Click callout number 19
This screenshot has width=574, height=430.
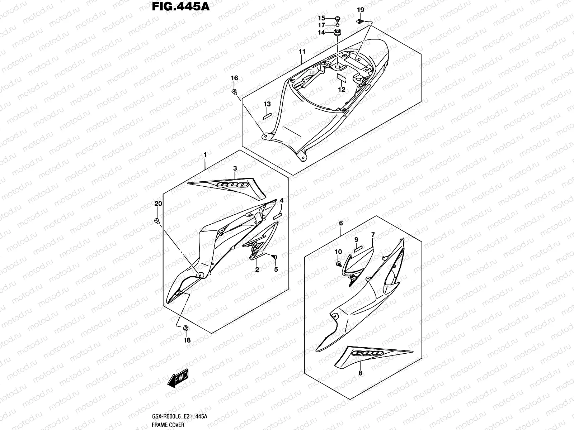point(361,10)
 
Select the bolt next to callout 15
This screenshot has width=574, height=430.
point(338,18)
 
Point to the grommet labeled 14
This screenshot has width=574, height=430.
point(337,33)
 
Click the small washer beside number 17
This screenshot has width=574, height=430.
point(338,25)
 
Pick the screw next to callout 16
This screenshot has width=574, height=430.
point(234,92)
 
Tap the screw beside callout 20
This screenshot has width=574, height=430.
point(157,221)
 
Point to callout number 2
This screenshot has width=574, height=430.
point(257,270)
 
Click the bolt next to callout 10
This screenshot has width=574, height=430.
point(338,264)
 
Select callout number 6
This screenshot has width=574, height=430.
point(341,223)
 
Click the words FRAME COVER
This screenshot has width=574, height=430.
point(168,425)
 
